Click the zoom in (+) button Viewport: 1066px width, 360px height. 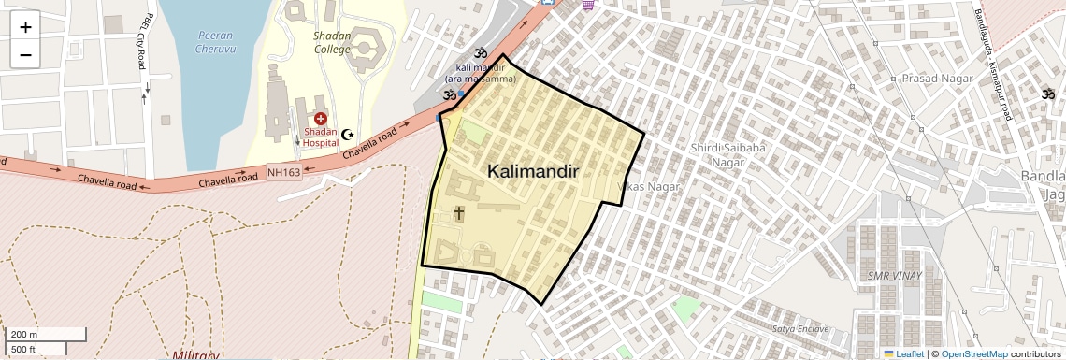(x=25, y=27)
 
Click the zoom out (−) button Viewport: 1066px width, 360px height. (x=25, y=55)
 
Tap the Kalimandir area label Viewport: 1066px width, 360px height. (x=533, y=172)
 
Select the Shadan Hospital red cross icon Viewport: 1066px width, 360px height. (x=320, y=119)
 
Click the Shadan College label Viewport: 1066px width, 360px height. (x=332, y=43)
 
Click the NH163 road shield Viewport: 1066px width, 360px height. (x=283, y=172)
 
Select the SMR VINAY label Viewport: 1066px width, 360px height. (x=894, y=276)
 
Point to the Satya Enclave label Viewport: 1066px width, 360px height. (x=800, y=328)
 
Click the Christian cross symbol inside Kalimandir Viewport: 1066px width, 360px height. (x=458, y=213)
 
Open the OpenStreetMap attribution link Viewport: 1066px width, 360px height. (x=973, y=353)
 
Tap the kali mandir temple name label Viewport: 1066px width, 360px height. (x=485, y=73)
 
